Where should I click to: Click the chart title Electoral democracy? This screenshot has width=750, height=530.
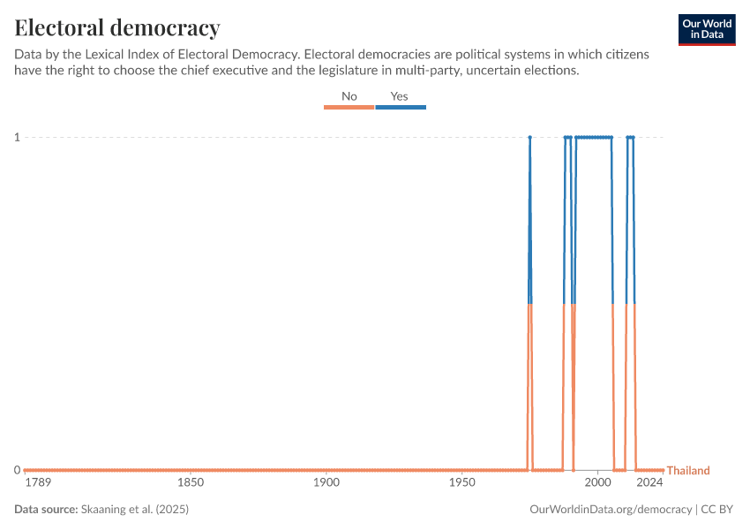click(x=117, y=26)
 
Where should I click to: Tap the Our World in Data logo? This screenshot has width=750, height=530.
click(x=707, y=29)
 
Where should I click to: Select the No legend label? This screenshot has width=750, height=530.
click(x=349, y=96)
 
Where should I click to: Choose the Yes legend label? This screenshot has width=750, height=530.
click(x=400, y=96)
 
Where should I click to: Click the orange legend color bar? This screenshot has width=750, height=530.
click(x=349, y=107)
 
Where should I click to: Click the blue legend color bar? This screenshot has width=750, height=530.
click(x=401, y=107)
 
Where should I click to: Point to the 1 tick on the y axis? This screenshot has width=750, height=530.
click(x=17, y=137)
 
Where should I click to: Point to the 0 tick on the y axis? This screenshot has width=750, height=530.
click(x=17, y=470)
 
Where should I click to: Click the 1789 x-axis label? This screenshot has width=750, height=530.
click(x=38, y=483)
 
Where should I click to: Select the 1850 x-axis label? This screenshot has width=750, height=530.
click(x=191, y=483)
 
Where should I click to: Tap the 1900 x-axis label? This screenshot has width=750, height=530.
click(x=326, y=483)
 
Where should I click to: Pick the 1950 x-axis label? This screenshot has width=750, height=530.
click(x=462, y=483)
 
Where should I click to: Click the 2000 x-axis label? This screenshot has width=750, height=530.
click(x=597, y=483)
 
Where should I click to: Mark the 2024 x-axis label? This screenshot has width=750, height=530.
click(x=650, y=483)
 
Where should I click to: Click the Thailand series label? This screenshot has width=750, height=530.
click(x=688, y=471)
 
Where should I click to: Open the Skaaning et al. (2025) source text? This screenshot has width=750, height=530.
click(x=135, y=510)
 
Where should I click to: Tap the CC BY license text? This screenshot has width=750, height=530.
click(x=717, y=510)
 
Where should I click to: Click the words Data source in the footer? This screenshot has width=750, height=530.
click(x=45, y=510)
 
